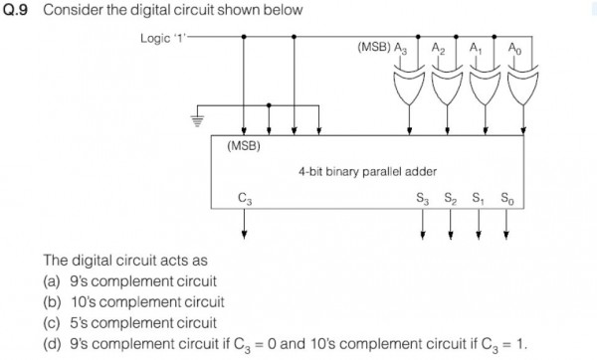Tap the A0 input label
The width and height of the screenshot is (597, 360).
pyautogui.click(x=513, y=49)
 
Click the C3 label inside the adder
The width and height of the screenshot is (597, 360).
pyautogui.click(x=245, y=197)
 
